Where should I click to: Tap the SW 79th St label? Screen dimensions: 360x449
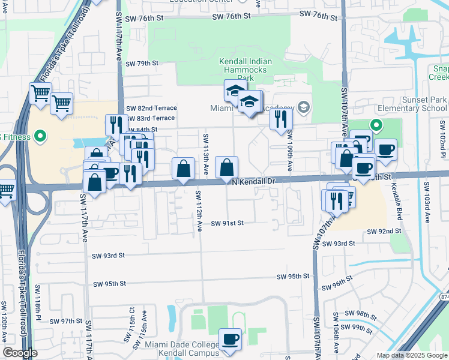point(142,63)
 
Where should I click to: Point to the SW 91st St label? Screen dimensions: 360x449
point(227,223)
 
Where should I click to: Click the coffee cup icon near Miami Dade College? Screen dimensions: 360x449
point(231,340)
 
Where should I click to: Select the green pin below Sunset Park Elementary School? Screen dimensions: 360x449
point(376,125)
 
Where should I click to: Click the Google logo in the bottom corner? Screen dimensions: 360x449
point(20,353)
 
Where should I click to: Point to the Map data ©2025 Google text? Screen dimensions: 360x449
point(412,355)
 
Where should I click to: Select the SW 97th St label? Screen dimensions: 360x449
point(65,321)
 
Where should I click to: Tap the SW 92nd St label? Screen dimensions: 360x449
point(384,231)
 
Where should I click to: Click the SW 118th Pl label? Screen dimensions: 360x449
point(38,301)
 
